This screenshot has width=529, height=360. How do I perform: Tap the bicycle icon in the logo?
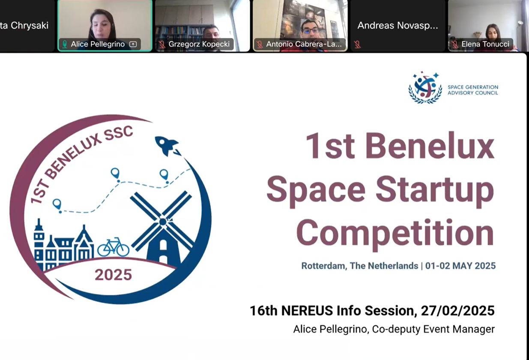114,247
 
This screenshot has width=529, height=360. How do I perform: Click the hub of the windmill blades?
163,222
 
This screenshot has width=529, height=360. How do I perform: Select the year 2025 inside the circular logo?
114,275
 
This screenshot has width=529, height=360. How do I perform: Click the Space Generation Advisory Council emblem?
425,87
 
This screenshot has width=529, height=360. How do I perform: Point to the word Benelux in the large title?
430,146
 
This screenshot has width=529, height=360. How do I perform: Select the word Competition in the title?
395,234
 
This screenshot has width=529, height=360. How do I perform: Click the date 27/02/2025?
457,311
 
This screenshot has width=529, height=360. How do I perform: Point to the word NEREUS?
307,311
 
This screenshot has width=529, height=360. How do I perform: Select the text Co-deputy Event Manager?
433,329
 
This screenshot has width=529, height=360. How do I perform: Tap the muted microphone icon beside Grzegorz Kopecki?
162,44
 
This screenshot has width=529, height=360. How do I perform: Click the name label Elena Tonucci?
485,44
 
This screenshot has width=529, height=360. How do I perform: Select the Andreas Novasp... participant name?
397,26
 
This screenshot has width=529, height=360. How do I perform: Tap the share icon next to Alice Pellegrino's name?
133,44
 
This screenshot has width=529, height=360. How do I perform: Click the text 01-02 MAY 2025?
460,266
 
